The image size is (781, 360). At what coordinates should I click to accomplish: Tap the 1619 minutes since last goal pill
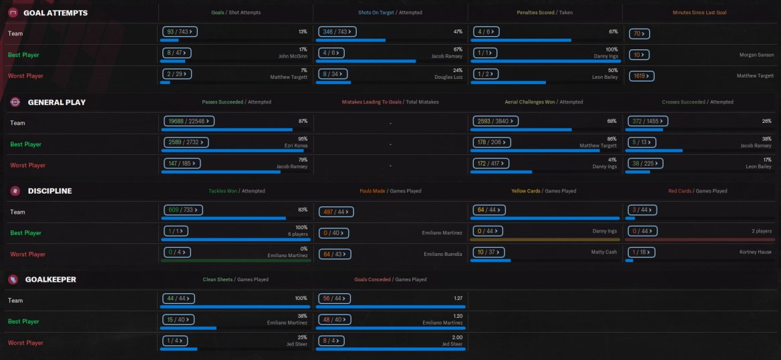[641, 76]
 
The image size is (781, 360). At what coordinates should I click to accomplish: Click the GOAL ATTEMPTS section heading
[55, 13]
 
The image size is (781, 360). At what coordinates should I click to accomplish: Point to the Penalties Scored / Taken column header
[544, 13]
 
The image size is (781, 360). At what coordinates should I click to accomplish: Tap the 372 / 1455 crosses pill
[649, 121]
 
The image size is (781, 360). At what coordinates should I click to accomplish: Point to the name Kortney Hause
[756, 254]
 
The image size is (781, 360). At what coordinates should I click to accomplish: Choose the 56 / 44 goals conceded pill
[335, 299]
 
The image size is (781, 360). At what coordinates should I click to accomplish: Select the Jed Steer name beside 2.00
[452, 344]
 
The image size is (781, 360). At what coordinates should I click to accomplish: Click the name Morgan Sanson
[756, 55]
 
